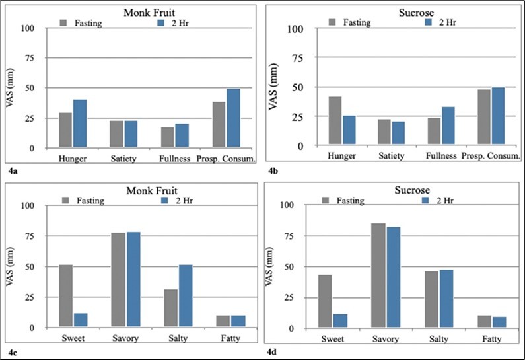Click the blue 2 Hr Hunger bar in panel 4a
[x=80, y=124]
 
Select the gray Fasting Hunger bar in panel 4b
[x=335, y=121]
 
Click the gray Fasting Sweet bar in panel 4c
[x=65, y=296]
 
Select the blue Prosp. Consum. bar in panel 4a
[x=233, y=118]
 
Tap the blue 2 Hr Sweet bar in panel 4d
[x=340, y=321]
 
